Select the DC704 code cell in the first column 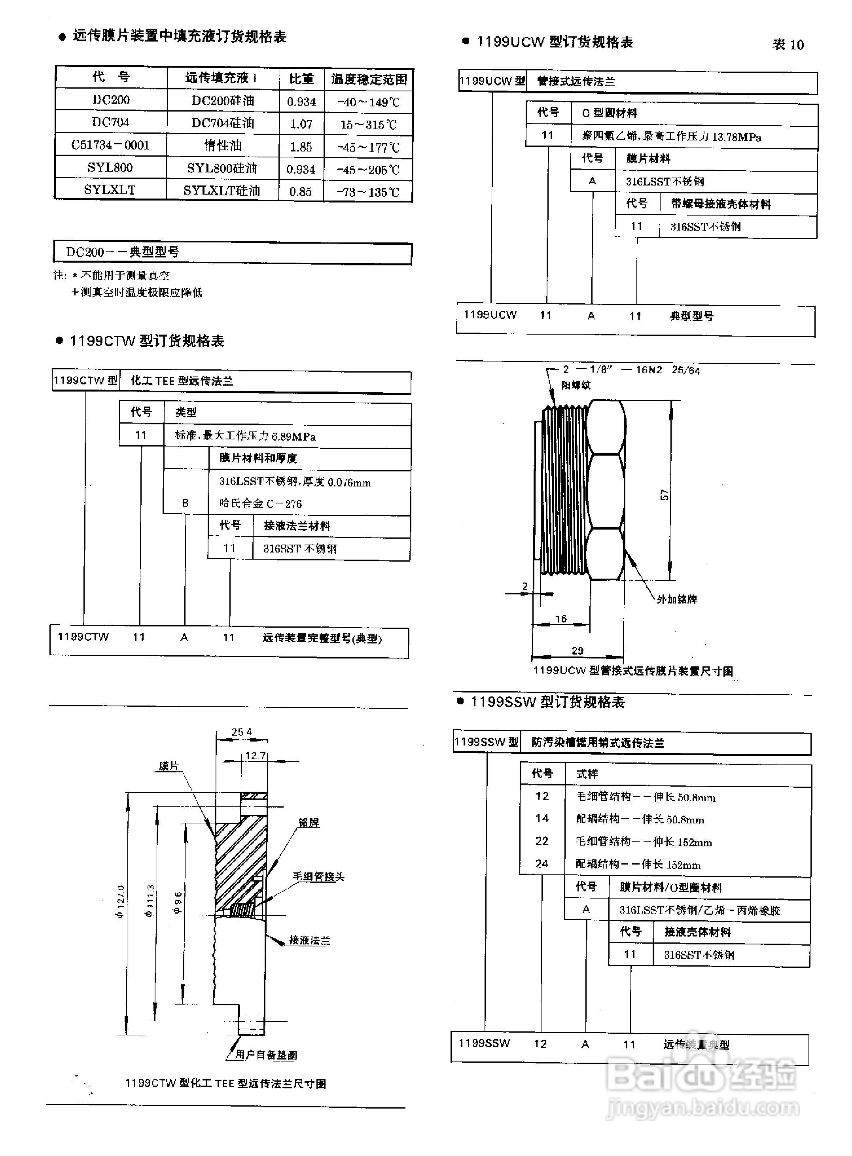(110, 122)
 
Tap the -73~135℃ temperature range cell (368, 192)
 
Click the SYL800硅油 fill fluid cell (222, 168)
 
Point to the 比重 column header (301, 79)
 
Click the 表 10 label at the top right (788, 44)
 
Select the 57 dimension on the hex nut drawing (664, 494)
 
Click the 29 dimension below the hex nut (577, 651)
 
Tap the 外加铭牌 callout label (677, 599)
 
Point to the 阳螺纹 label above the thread (576, 385)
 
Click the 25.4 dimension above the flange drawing (241, 732)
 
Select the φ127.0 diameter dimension (120, 901)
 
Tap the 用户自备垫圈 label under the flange (265, 1055)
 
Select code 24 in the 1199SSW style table (541, 864)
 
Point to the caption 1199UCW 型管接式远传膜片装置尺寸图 (633, 671)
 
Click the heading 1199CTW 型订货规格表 (147, 341)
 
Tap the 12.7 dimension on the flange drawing (255, 756)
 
